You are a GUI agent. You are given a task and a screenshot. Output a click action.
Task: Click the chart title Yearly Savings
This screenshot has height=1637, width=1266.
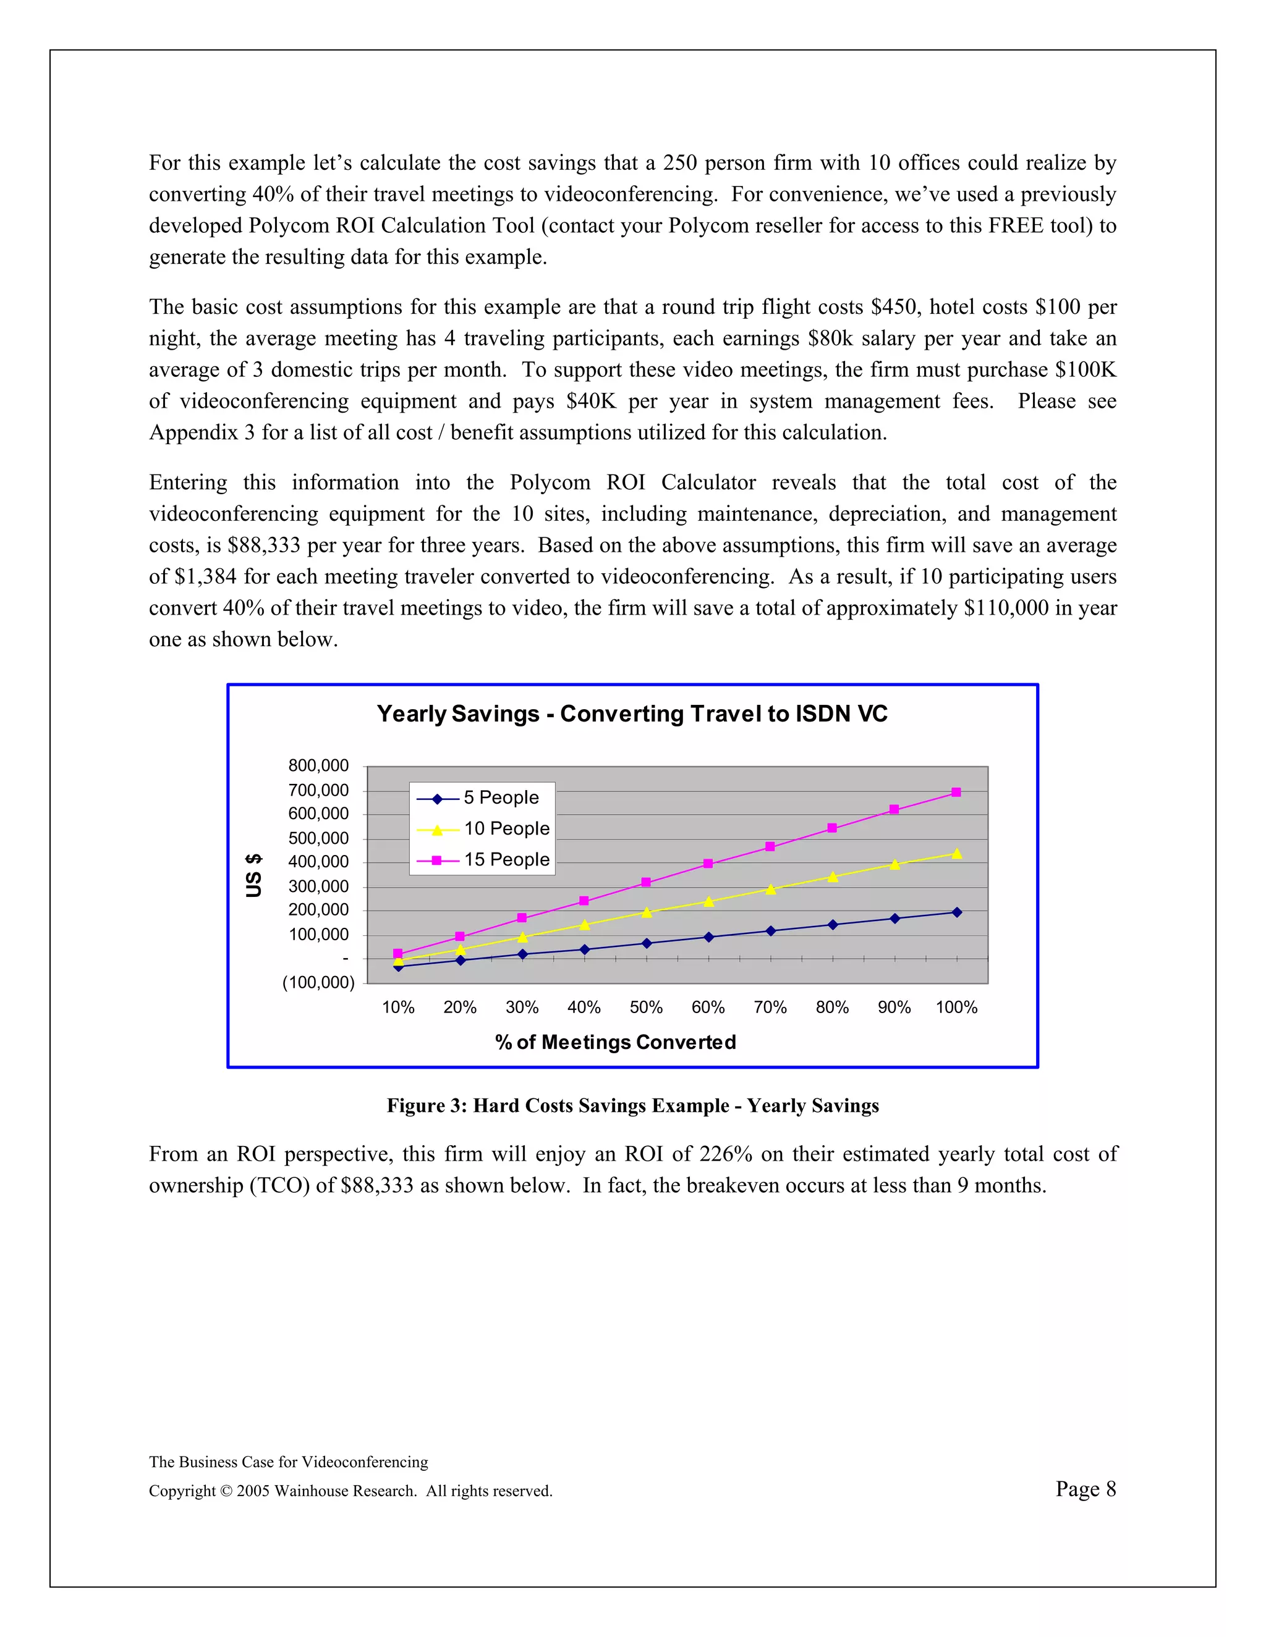[632, 713]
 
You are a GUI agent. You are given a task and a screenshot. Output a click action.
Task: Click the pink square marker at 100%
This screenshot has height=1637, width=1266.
[956, 793]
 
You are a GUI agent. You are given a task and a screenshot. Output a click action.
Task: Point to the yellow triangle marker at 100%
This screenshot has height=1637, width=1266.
[956, 854]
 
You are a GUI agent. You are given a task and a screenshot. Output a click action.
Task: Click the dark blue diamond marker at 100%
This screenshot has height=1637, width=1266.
[956, 912]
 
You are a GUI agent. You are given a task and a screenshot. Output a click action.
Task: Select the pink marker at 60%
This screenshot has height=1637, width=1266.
[708, 864]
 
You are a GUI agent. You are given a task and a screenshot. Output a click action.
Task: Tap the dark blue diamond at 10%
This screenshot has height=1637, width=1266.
[398, 967]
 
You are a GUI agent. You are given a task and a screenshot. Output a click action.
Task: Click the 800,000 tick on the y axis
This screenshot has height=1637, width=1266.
[319, 766]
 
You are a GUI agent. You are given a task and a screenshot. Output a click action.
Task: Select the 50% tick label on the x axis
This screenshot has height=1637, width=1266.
[646, 1008]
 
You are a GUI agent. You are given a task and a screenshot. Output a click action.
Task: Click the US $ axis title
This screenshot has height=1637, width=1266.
[254, 875]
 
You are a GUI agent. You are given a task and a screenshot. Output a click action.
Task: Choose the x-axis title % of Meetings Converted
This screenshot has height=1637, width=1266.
[616, 1042]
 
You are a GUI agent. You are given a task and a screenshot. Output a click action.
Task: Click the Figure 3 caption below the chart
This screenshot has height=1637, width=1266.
[632, 1106]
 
